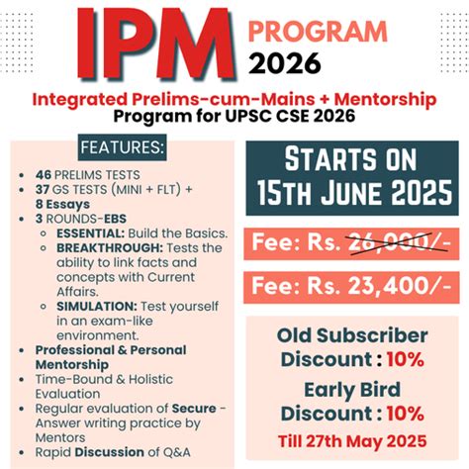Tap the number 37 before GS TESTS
coord(43,190)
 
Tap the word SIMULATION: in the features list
coord(98,308)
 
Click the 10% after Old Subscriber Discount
coord(407,360)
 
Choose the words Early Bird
coord(351,388)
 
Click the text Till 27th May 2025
coord(351,439)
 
